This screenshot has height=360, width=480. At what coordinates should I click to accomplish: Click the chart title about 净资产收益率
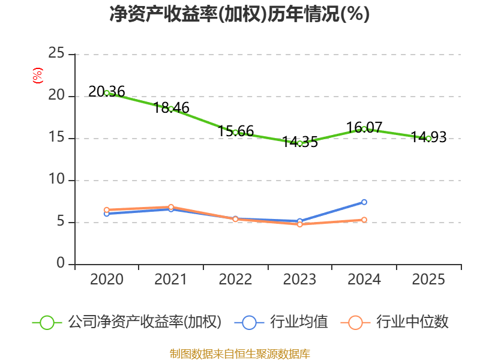click(239, 14)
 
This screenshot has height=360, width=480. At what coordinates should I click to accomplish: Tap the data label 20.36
click(107, 92)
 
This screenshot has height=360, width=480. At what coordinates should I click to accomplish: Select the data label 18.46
click(171, 108)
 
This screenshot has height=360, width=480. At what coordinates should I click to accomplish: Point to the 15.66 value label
click(236, 131)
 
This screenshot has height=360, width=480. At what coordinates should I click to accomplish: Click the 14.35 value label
click(300, 142)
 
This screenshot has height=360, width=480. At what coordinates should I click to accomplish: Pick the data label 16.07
click(364, 127)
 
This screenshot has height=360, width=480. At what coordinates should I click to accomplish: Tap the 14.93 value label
click(428, 137)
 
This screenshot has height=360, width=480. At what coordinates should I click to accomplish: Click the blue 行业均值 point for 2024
click(364, 202)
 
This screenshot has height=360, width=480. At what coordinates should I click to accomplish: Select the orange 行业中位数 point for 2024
click(364, 220)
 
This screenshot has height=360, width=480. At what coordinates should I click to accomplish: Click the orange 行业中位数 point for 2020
click(107, 210)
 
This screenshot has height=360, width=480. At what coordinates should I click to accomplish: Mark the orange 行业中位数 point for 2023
click(299, 224)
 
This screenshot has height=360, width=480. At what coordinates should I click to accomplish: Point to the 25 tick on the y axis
click(56, 53)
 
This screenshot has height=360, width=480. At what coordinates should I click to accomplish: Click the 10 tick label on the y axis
click(56, 179)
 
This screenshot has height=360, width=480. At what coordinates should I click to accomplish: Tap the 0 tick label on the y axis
click(61, 263)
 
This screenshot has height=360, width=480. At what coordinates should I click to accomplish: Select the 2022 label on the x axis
click(235, 280)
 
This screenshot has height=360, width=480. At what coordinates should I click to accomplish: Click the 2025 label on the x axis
click(428, 280)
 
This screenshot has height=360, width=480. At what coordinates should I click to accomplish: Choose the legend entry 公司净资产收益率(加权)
click(127, 322)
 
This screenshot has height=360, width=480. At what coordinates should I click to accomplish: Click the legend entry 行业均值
click(281, 322)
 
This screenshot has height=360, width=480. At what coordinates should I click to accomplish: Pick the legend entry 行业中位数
click(395, 322)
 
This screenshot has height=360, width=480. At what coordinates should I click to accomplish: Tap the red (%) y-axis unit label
click(38, 76)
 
